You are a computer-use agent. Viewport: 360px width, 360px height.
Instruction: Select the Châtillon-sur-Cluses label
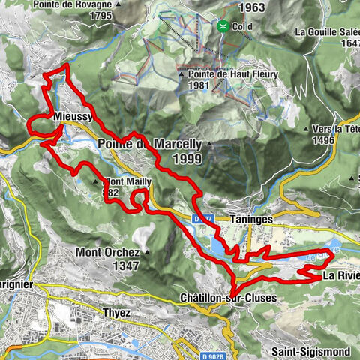[x=228, y=298]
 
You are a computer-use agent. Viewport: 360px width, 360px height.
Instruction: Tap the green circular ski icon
[x=223, y=27]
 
